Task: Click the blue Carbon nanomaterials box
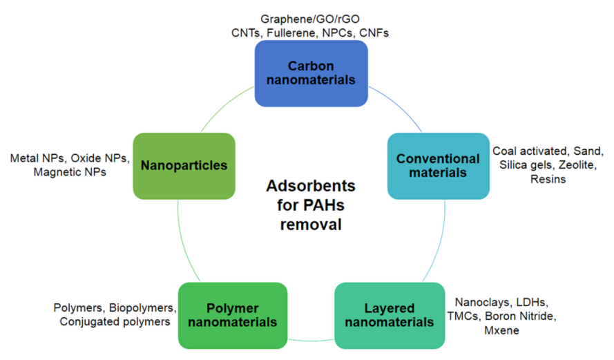click(311, 73)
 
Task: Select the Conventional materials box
click(438, 165)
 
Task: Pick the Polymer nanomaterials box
click(232, 315)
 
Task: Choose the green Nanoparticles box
click(184, 165)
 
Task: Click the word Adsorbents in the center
click(311, 187)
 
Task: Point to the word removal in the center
click(311, 225)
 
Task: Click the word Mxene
click(502, 330)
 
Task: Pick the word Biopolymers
click(142, 307)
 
